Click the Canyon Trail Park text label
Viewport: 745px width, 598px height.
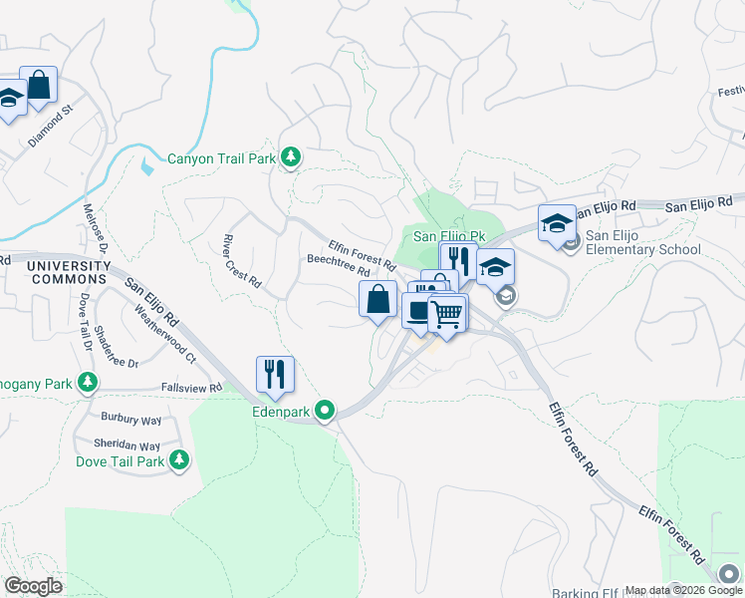point(221,157)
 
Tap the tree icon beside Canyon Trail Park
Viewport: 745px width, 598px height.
point(291,156)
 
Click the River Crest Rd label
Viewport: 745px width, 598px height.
point(241,261)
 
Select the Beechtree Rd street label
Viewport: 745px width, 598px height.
point(339,264)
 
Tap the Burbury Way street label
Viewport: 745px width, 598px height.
point(129,419)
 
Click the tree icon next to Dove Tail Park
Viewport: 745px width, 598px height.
point(179,459)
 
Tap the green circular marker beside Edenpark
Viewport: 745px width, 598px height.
point(325,410)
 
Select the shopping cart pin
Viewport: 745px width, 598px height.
point(448,314)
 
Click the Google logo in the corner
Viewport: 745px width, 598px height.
point(33,586)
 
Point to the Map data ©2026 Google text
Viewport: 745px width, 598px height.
point(683,590)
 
